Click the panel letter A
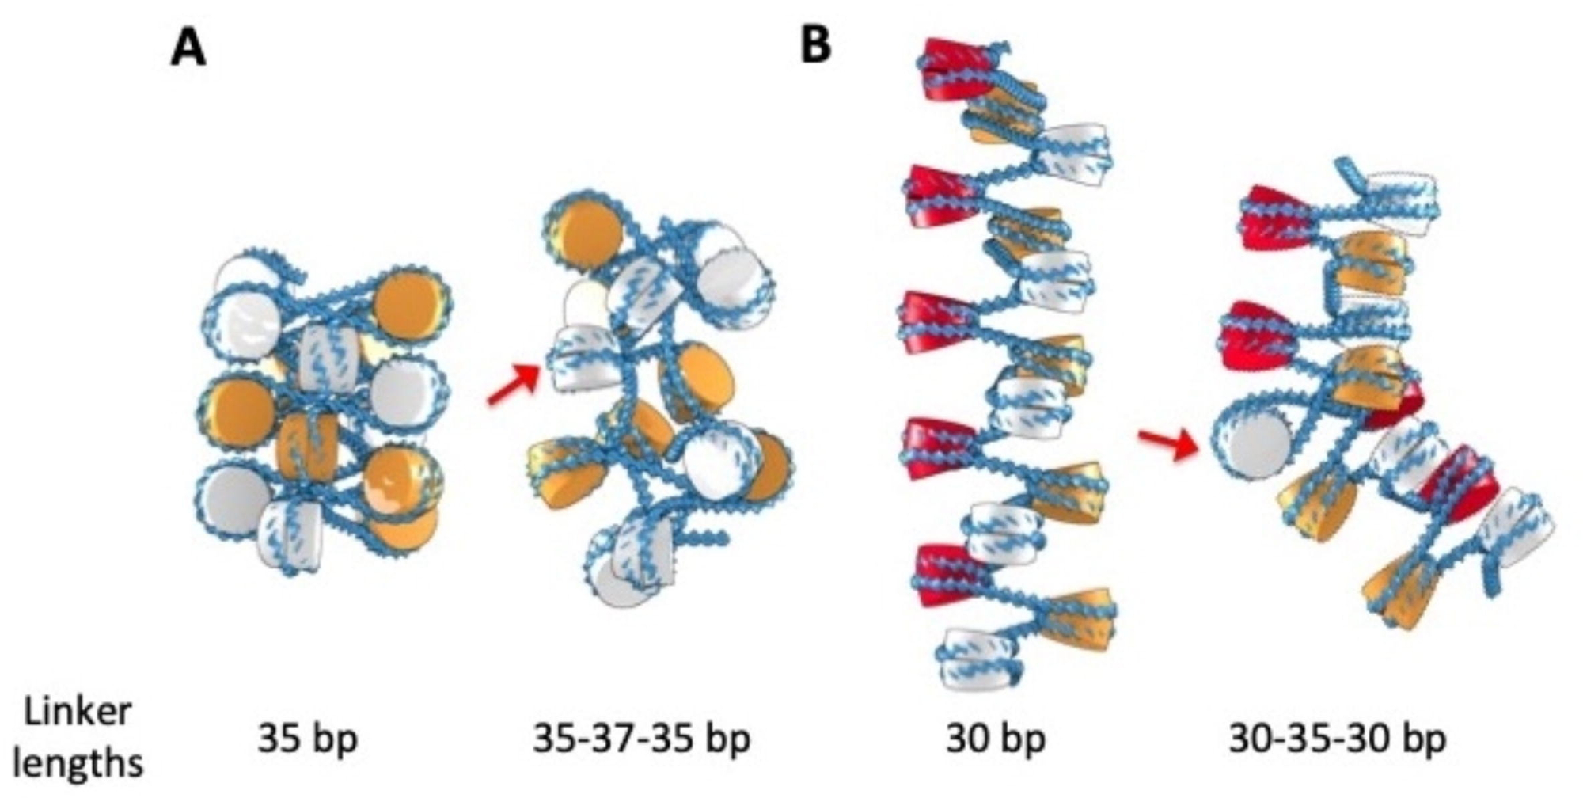tap(188, 49)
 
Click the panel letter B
tap(816, 46)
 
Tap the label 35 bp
tap(307, 739)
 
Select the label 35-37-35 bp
tap(641, 739)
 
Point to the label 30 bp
tap(996, 739)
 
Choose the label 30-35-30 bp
tap(1338, 739)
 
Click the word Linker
tap(78, 712)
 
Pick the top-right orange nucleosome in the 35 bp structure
tap(409, 306)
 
